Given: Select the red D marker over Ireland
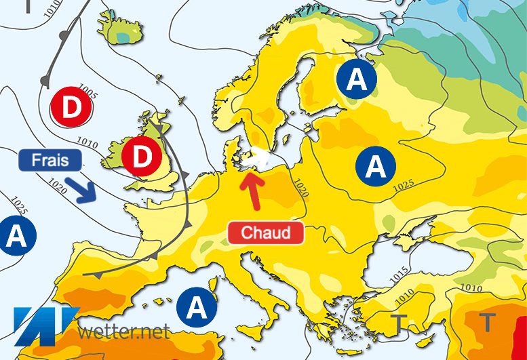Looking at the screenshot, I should (x=142, y=157).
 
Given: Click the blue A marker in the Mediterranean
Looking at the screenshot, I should (x=197, y=308).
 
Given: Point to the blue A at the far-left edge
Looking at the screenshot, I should (x=16, y=235).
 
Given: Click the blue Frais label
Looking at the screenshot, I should (x=50, y=161).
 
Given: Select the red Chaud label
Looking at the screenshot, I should (x=265, y=233).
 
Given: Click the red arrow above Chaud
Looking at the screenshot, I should (x=252, y=191).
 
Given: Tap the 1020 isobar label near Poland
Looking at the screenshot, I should (x=299, y=186).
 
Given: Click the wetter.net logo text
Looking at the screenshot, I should (x=123, y=332).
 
